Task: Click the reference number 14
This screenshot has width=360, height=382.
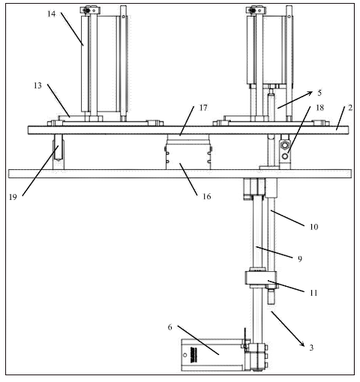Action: [52, 13]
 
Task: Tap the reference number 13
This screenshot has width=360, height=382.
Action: [37, 85]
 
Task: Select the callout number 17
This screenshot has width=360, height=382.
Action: [203, 108]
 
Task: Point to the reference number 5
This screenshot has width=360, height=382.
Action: [319, 93]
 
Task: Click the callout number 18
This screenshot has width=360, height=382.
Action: [320, 108]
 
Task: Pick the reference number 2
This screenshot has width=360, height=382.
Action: [350, 108]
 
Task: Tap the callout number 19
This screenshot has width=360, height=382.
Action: [13, 197]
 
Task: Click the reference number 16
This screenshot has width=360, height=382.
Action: [207, 197]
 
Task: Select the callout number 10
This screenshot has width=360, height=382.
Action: [314, 227]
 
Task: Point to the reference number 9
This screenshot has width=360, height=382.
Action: [300, 259]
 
